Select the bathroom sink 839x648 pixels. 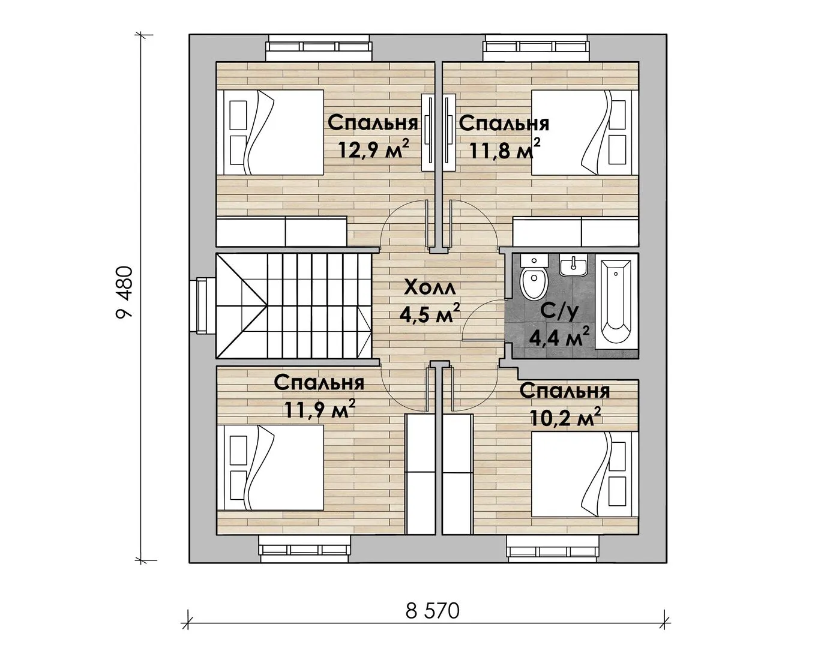point(573,265)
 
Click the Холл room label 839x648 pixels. point(429,289)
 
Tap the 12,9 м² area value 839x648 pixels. point(373,149)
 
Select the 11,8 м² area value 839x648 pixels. point(504,149)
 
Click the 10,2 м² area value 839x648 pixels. point(565,416)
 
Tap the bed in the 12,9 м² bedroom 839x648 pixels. point(269,133)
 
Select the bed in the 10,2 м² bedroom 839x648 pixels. point(585,475)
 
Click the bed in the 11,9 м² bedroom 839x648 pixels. point(269,468)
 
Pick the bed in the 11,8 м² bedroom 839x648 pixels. point(585,133)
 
